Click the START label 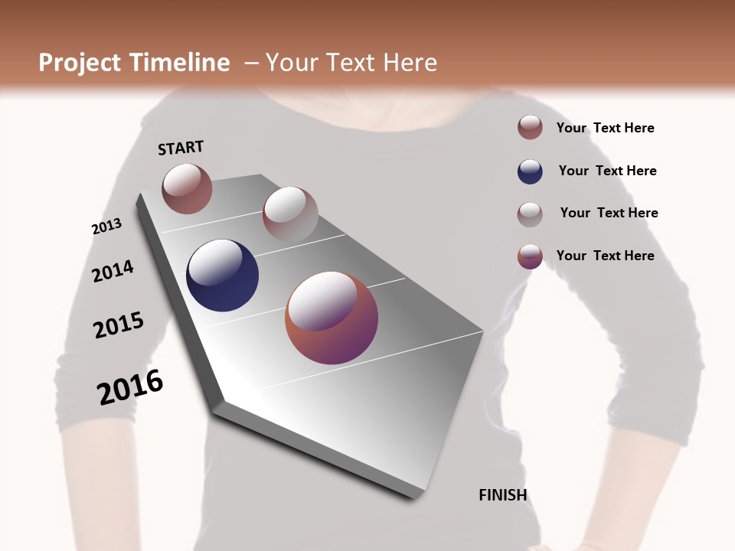tap(181, 148)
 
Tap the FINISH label tap(502, 495)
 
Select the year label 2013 tap(106, 227)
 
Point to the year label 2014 tap(113, 272)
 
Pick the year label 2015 tap(119, 325)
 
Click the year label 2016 tap(130, 387)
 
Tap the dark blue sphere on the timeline tap(222, 275)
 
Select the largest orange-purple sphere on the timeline tap(332, 318)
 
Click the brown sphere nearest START tap(187, 188)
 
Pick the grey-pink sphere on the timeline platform tap(290, 214)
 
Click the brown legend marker tap(530, 127)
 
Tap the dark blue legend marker tap(530, 171)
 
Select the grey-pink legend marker tap(530, 214)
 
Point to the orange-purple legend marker tap(530, 256)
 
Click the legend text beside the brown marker tap(605, 128)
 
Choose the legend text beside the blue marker tap(607, 171)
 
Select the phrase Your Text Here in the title tap(351, 63)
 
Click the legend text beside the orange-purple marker tap(605, 256)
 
